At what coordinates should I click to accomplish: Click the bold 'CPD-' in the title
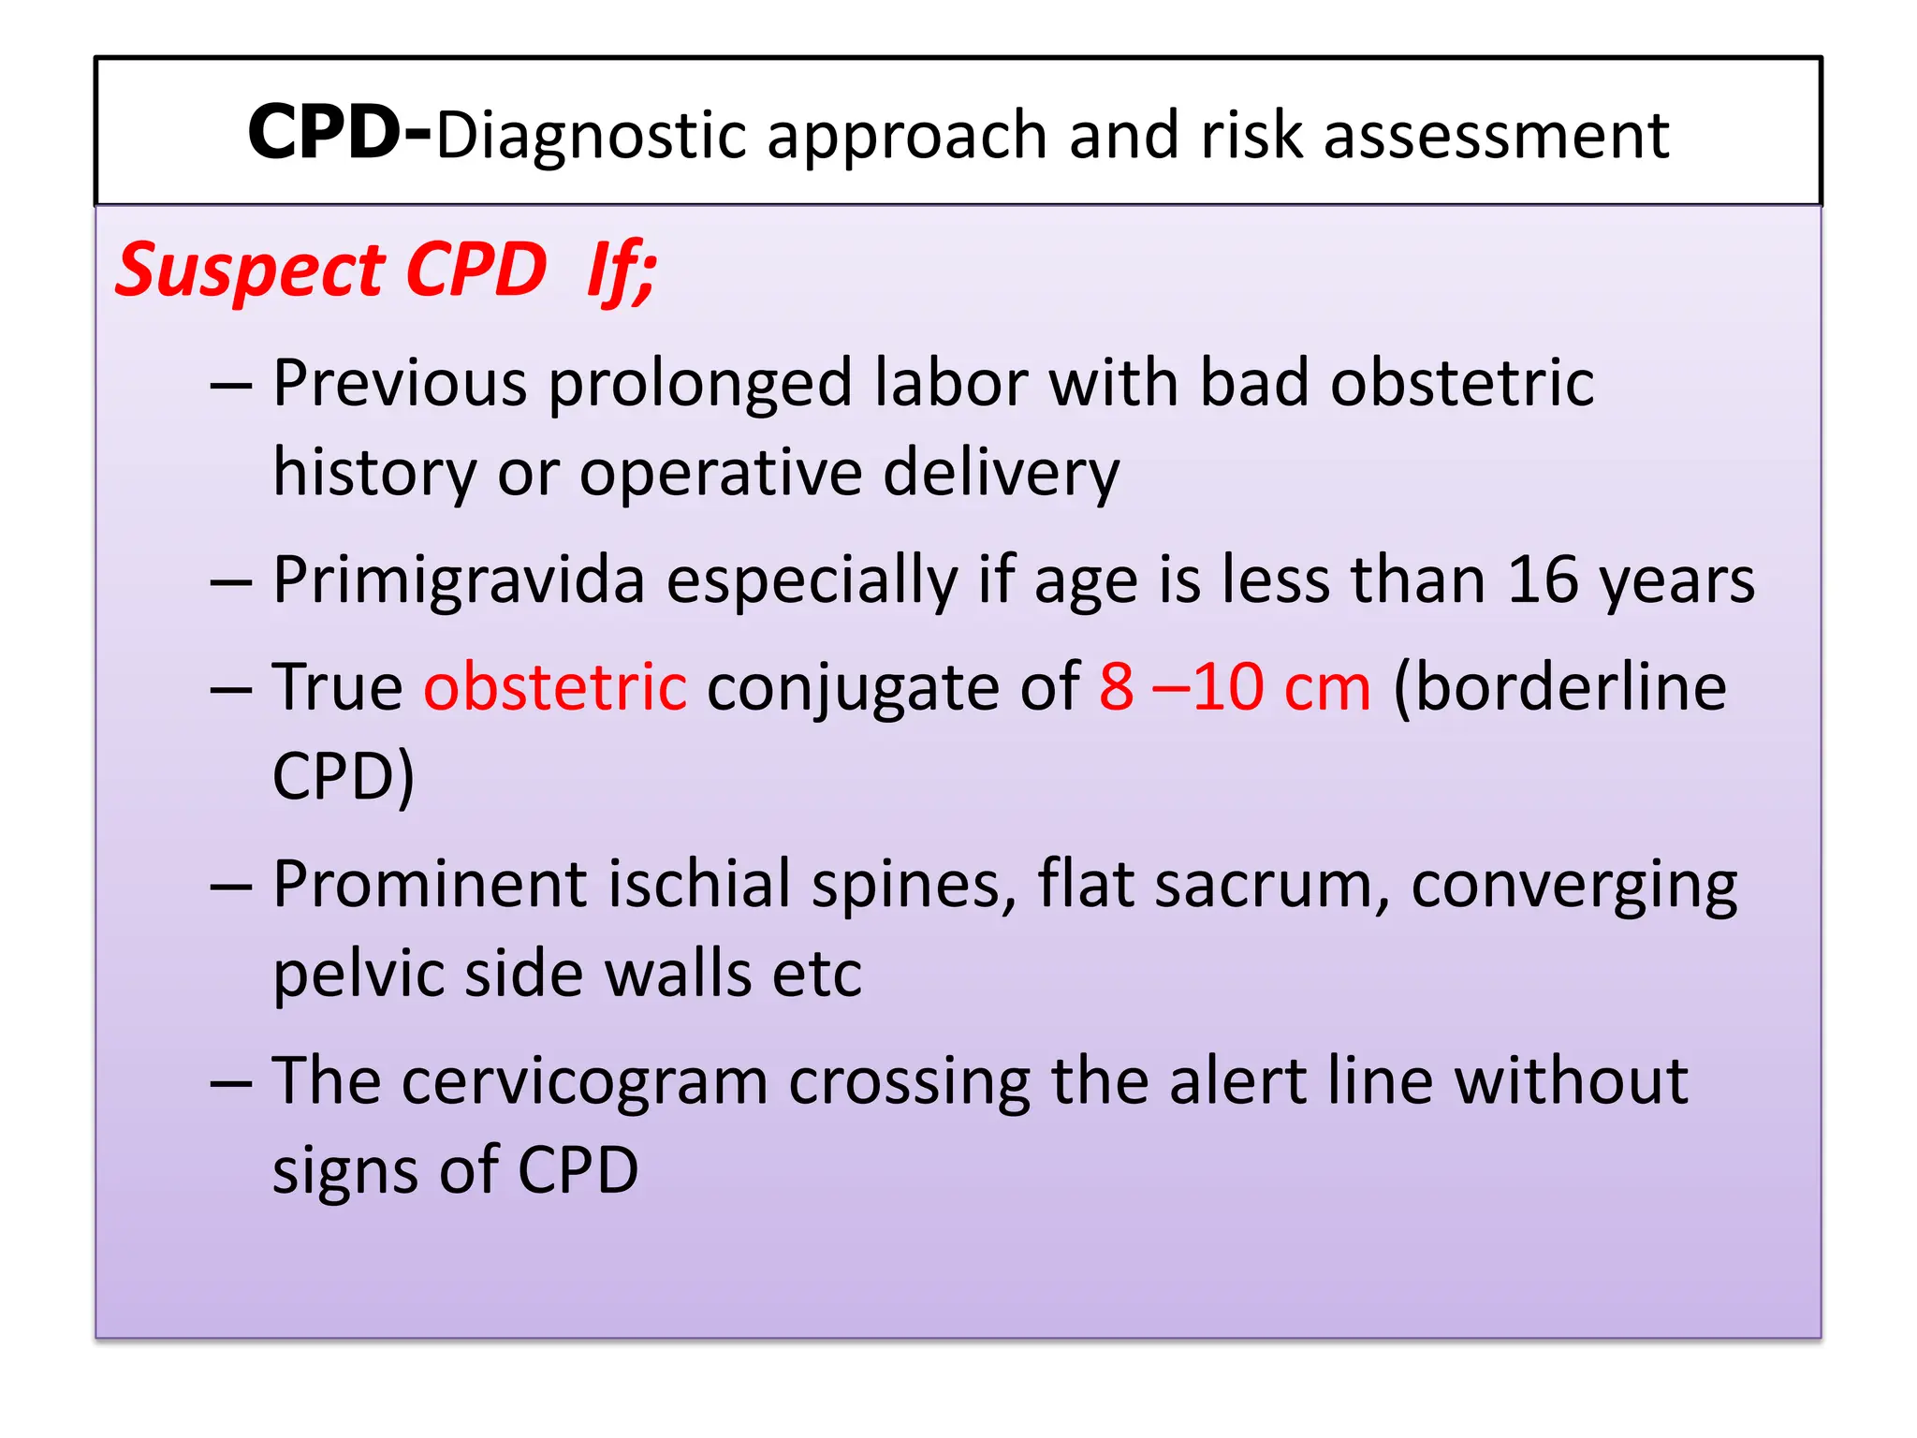click(x=339, y=134)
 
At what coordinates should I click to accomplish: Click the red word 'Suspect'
click(x=248, y=271)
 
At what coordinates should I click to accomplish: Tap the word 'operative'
click(x=721, y=474)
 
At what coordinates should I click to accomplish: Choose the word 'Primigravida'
click(x=459, y=581)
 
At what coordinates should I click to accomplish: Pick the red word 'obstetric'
click(x=555, y=686)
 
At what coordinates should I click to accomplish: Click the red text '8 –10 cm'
click(x=1235, y=686)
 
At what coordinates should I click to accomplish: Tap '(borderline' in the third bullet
click(x=1559, y=686)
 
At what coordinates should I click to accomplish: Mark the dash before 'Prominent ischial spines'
click(x=231, y=886)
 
